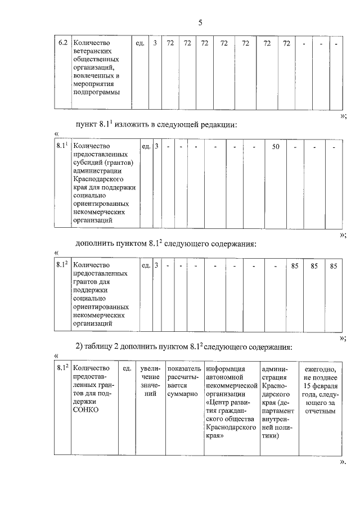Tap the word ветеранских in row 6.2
pos(94,51)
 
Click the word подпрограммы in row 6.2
pos(97,93)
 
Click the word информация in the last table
pos(226,369)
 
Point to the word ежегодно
pos(320,369)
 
